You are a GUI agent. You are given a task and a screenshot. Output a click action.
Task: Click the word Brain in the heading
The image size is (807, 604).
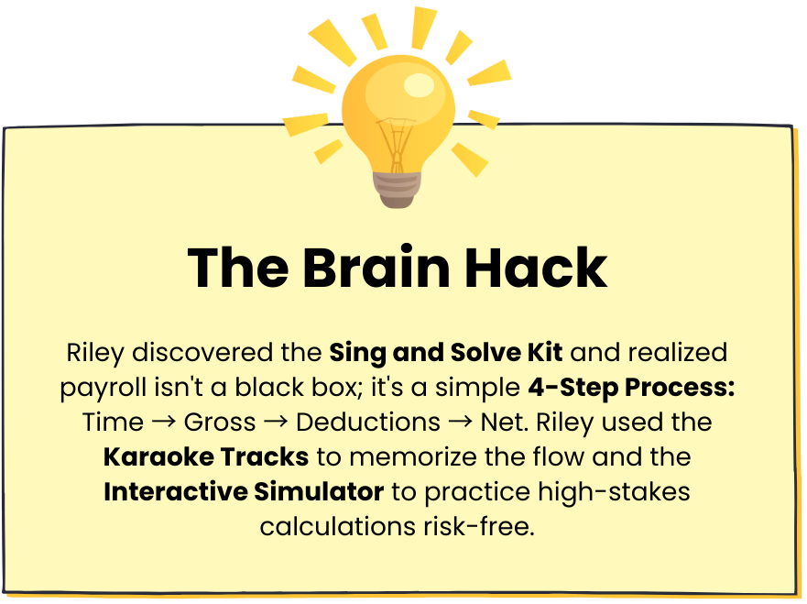pos(376,268)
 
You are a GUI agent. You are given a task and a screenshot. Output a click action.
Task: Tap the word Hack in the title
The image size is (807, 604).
pos(536,268)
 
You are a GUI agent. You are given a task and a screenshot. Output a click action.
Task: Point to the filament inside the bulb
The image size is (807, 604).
pos(397,144)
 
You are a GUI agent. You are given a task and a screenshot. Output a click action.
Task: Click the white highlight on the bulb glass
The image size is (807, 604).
pos(420,85)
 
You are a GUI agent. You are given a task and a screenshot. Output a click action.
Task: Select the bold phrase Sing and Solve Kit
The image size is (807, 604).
pos(446,354)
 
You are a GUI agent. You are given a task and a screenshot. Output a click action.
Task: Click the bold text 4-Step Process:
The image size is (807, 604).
pos(631,388)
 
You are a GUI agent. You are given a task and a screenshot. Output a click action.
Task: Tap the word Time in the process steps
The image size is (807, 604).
pos(113,423)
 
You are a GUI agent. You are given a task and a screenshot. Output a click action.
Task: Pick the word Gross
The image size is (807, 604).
pos(220,423)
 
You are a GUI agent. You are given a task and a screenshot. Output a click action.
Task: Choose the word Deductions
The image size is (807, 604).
pos(368,423)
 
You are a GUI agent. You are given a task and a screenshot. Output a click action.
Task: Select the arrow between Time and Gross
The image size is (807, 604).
pos(164,423)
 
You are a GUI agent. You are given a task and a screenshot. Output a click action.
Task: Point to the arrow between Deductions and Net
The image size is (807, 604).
pos(461,423)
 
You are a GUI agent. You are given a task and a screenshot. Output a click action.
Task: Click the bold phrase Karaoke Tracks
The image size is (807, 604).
pos(206,456)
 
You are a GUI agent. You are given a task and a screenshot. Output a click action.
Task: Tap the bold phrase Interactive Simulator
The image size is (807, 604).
pos(244,491)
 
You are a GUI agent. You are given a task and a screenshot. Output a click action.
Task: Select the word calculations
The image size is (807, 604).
pos(338,526)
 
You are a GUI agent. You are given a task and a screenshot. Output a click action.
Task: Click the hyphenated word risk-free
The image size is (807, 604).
pos(479,526)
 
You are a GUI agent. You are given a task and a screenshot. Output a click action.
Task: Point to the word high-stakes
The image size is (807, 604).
pos(614,492)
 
